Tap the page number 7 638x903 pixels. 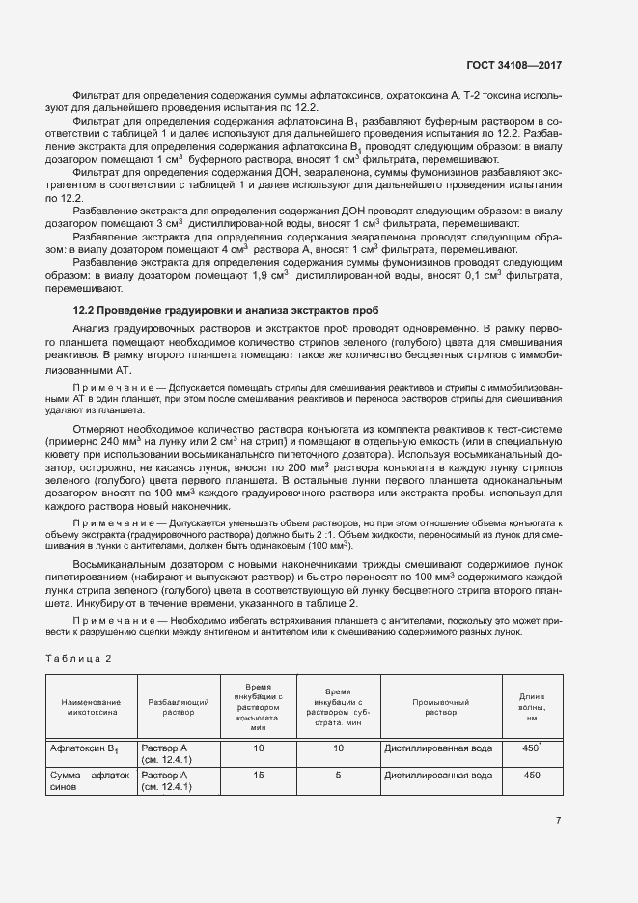[558, 821]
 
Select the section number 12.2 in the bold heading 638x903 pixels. [87, 310]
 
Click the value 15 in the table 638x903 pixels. [258, 775]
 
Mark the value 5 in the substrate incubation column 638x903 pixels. [338, 775]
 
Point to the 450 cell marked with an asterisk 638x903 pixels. [531, 748]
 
